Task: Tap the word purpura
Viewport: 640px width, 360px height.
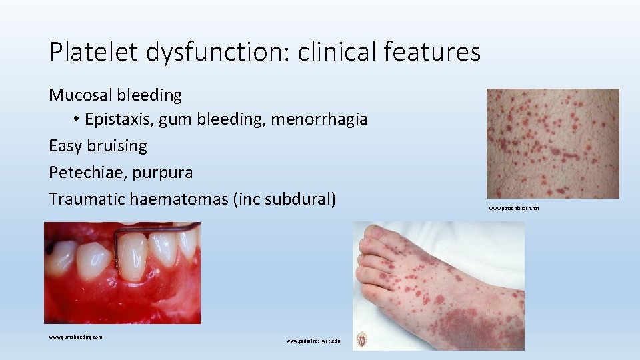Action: coord(163,173)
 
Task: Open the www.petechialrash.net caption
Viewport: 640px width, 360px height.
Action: coord(513,209)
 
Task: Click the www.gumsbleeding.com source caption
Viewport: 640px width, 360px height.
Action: coord(75,337)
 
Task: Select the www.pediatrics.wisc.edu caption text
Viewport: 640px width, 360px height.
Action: coord(314,341)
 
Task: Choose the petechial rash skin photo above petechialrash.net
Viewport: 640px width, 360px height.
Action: coord(553,143)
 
